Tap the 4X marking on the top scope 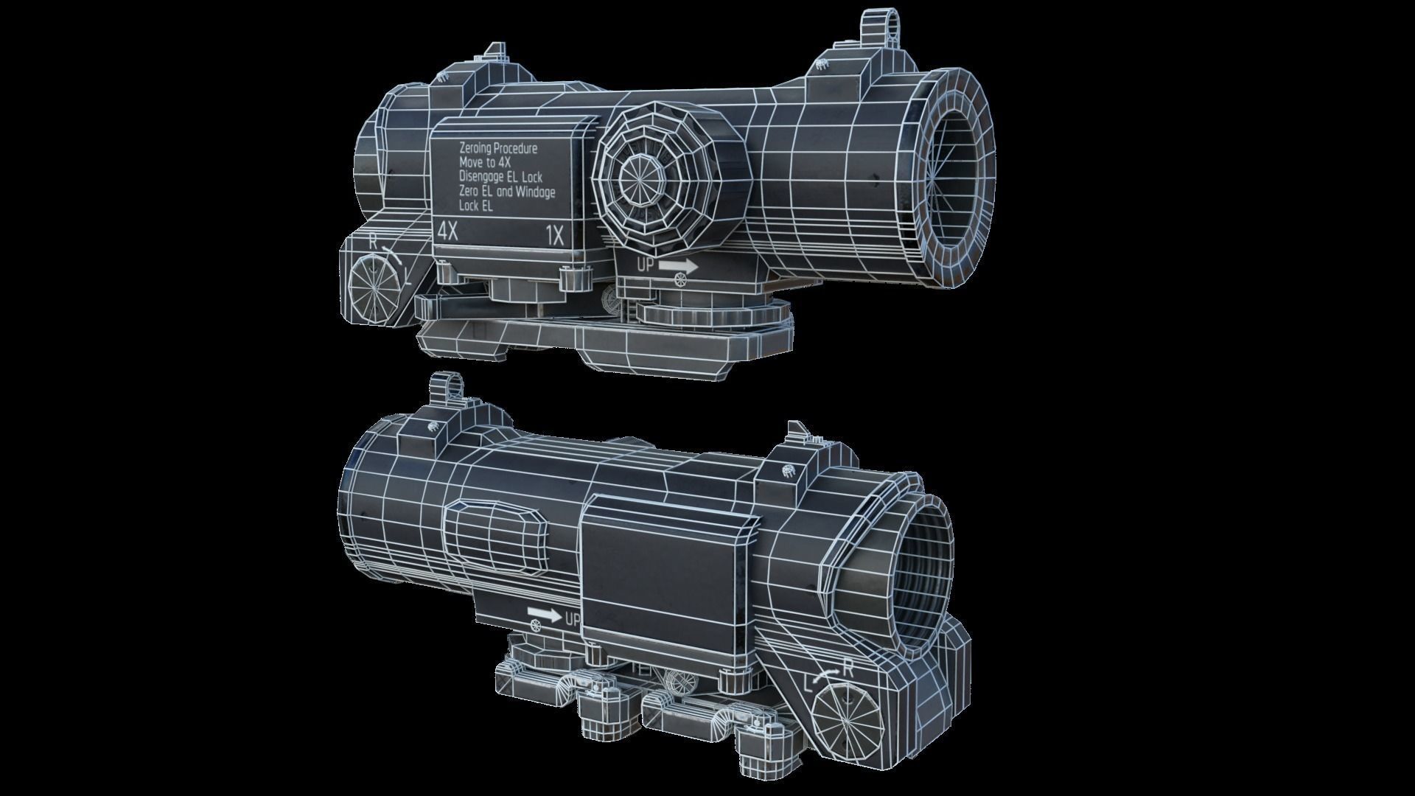point(447,231)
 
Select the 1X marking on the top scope point(554,236)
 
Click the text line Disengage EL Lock point(500,177)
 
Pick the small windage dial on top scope point(374,286)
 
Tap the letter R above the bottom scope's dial point(848,669)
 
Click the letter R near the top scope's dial point(374,240)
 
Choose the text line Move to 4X point(484,162)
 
